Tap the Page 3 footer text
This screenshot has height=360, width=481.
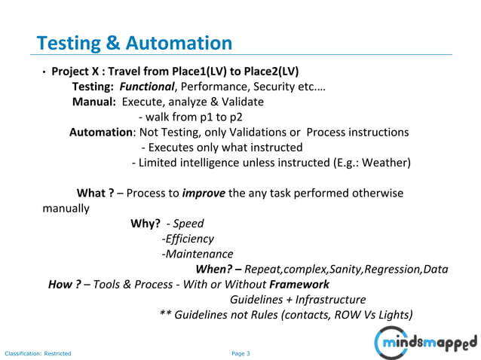tap(240, 353)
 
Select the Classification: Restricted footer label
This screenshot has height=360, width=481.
tap(38, 353)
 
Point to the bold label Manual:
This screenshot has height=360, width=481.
tap(95, 102)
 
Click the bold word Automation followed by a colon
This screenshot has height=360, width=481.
tap(101, 132)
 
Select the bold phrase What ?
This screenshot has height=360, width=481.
tap(95, 193)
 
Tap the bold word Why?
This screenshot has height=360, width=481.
tap(145, 224)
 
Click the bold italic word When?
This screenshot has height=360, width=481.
tap(217, 269)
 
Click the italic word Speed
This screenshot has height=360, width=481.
tap(188, 224)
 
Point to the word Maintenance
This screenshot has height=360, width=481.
tap(199, 254)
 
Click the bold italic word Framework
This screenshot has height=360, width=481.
tap(299, 285)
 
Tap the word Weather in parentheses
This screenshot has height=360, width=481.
tap(385, 163)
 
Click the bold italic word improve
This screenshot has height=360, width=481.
tap(203, 193)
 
